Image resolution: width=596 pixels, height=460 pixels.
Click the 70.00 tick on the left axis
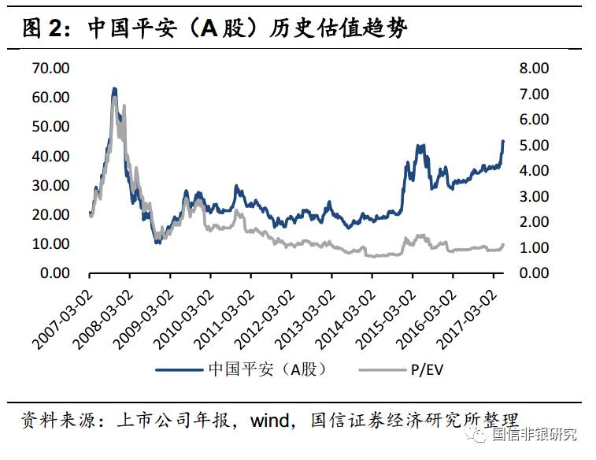pyautogui.click(x=51, y=68)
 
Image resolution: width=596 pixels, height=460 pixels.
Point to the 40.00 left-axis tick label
pyautogui.click(x=51, y=156)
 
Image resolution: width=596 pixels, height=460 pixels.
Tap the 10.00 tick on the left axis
pyautogui.click(x=51, y=244)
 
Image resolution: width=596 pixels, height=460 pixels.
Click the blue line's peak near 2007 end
pyautogui.click(x=114, y=89)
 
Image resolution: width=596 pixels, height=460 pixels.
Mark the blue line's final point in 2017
pyautogui.click(x=503, y=141)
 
